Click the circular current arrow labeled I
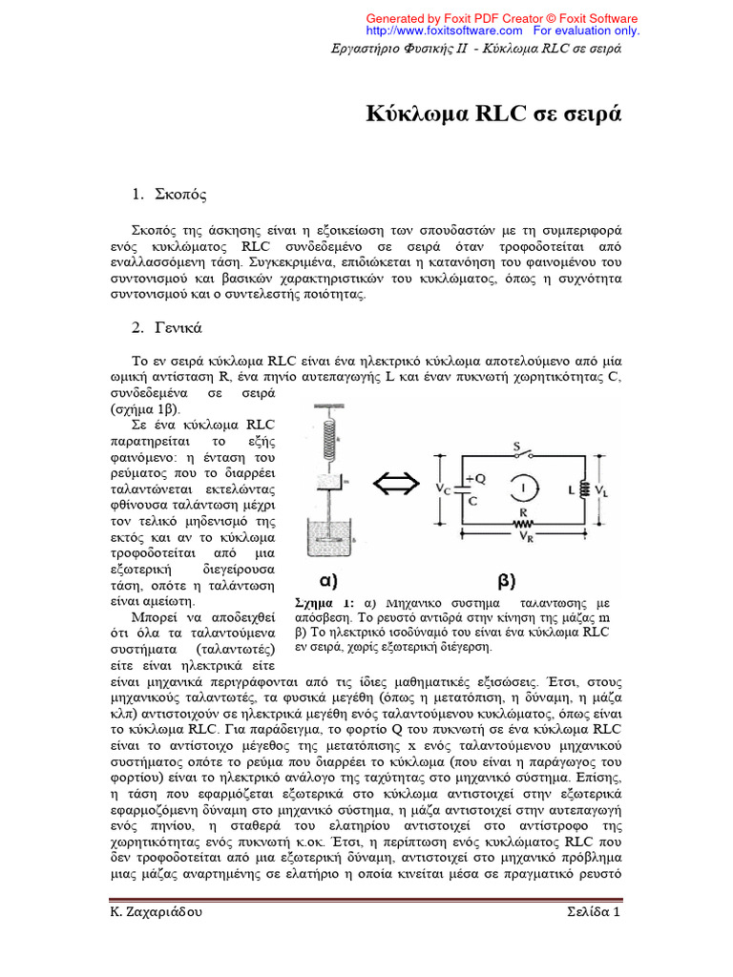pyautogui.click(x=520, y=488)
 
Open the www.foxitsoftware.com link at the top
pyautogui.click(x=448, y=31)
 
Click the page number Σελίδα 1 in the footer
pyautogui.click(x=589, y=912)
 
